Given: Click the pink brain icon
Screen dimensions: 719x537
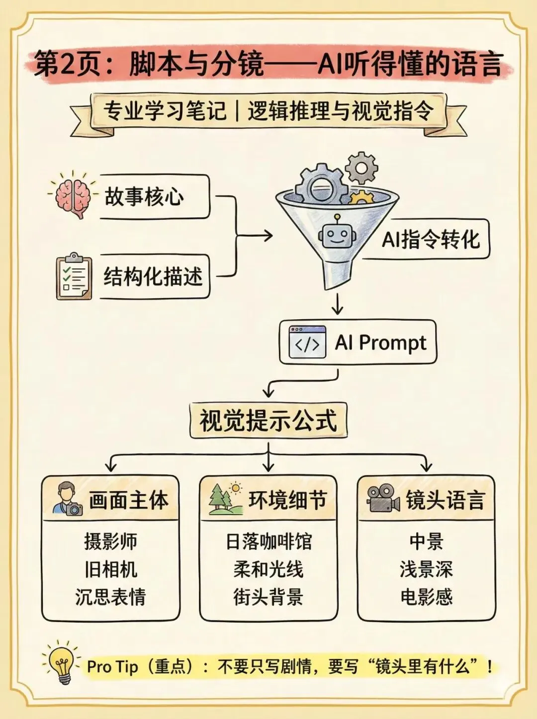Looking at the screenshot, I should (73, 197).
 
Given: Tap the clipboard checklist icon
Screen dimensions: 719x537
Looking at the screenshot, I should (74, 276).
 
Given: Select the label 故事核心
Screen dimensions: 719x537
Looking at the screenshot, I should (144, 197).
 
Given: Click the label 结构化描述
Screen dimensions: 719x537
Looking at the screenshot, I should (153, 276).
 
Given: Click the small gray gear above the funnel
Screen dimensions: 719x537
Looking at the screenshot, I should (361, 168).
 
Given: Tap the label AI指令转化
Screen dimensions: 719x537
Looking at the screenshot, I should (431, 239).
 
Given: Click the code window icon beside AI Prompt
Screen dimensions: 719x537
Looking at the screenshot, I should (307, 343).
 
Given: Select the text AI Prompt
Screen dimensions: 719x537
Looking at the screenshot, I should (381, 343).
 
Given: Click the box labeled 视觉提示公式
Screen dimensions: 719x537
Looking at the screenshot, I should (268, 421).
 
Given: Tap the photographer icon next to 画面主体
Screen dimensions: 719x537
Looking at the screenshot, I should (68, 499).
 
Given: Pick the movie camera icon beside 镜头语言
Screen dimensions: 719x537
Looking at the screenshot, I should (383, 499).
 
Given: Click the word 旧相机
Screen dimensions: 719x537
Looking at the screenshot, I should (111, 569).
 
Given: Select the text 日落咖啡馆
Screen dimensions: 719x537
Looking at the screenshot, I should (268, 541).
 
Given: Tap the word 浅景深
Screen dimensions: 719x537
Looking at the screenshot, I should (426, 569).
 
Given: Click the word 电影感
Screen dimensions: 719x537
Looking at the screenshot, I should (426, 597).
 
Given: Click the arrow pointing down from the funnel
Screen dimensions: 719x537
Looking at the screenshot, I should (338, 304).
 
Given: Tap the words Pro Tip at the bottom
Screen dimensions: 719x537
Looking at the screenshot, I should (112, 666).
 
